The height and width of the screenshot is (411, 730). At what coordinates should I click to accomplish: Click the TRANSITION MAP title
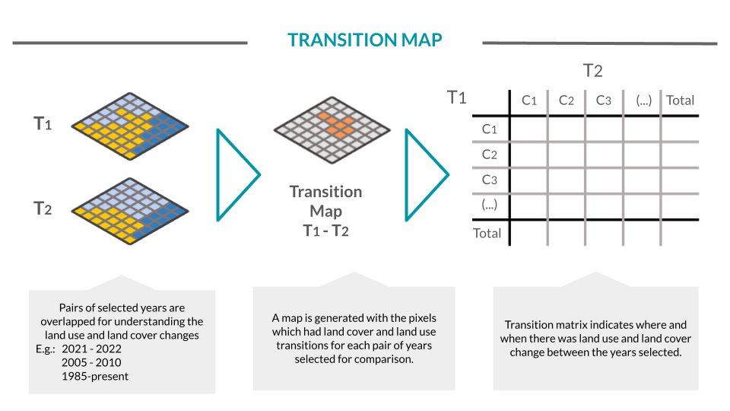365,40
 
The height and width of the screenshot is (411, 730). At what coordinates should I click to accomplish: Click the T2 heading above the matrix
592,71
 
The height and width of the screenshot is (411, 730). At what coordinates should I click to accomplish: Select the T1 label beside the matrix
456,97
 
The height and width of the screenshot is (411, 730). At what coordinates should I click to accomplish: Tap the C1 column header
529,100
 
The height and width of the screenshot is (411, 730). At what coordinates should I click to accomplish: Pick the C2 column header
567,100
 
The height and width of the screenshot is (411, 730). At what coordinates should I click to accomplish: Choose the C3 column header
604,100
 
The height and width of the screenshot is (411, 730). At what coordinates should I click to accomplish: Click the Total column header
680,100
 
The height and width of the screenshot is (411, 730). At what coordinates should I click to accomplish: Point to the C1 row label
489,129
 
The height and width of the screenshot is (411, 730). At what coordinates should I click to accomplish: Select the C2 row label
489,155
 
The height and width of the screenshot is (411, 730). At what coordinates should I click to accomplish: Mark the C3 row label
489,180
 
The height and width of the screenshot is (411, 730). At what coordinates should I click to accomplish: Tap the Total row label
487,233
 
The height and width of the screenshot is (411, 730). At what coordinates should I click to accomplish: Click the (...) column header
642,100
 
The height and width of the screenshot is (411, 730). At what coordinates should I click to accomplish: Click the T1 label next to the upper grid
43,123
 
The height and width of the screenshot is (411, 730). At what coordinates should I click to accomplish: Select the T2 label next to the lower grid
43,208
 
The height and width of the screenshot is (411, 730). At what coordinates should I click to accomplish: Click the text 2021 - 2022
94,349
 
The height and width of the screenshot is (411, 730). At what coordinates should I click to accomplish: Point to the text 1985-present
96,376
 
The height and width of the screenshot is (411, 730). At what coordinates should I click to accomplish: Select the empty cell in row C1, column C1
528,129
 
